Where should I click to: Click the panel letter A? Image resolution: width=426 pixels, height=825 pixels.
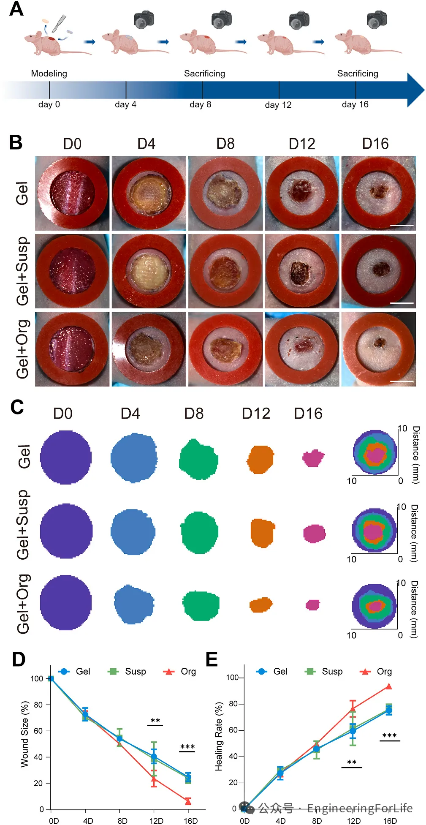click(16, 9)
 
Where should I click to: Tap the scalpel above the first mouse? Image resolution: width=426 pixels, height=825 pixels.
click(59, 23)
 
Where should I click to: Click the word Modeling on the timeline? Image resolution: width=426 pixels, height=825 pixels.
click(49, 74)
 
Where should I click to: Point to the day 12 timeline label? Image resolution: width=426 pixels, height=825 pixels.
click(278, 105)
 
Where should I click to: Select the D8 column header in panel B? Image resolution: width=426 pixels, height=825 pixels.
click(225, 144)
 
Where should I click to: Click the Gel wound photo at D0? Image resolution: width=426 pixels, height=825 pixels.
click(72, 193)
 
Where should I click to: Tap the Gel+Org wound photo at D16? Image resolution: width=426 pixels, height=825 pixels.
click(378, 349)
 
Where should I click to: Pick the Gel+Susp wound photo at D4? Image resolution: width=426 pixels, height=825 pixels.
click(149, 271)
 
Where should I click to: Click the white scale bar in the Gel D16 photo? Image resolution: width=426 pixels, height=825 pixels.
click(402, 226)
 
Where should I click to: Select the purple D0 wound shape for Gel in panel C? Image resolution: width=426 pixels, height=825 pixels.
click(66, 457)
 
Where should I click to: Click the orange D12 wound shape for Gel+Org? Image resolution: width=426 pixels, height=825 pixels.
click(261, 605)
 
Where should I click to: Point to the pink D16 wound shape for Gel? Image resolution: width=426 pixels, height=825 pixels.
click(313, 458)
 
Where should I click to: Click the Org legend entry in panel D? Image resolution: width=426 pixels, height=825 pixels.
click(180, 671)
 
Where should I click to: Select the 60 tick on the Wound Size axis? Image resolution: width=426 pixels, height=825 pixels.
click(38, 731)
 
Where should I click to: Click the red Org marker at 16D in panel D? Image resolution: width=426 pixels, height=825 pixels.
click(188, 801)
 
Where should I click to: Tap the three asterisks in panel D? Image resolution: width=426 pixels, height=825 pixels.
click(187, 747)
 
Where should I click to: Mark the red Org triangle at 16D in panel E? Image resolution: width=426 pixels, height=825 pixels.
click(389, 686)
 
